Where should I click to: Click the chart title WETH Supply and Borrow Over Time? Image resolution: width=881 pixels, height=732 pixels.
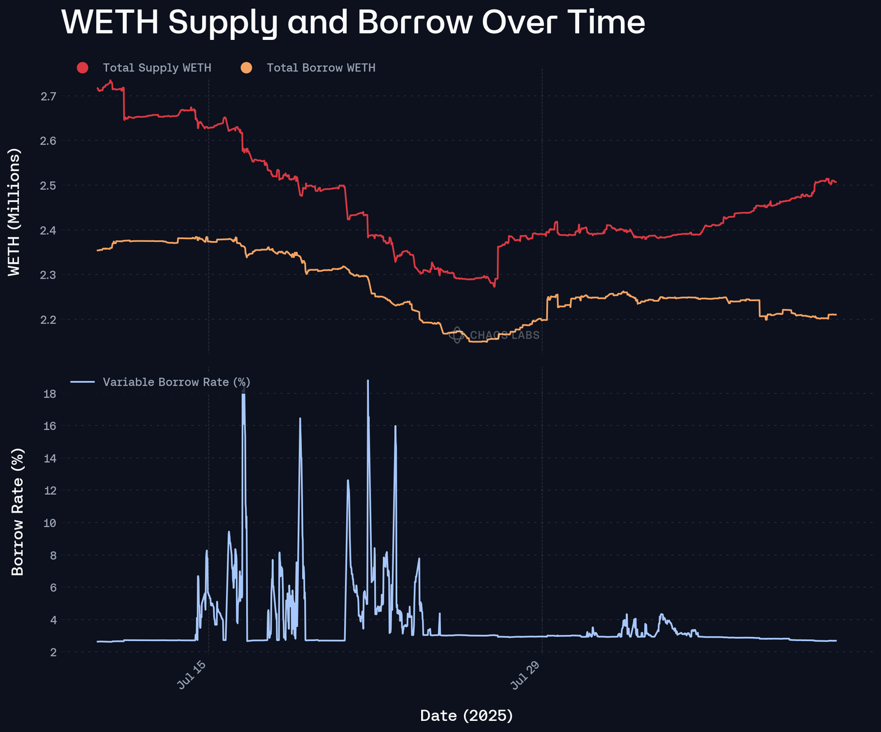353,22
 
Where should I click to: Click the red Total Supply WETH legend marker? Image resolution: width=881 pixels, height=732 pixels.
82,68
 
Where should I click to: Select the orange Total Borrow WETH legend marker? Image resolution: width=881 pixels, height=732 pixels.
247,68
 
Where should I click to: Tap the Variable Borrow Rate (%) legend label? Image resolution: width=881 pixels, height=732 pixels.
176,382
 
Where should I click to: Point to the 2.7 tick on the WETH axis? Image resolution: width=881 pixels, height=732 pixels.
48,96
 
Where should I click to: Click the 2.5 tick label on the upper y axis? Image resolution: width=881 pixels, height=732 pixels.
48,185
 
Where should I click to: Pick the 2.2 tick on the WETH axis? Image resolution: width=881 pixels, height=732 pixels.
48,320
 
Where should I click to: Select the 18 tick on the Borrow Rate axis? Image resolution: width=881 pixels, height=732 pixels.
50,394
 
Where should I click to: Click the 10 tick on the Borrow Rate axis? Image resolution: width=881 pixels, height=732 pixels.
50,523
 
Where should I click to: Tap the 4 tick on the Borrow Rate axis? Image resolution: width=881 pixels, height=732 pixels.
52,620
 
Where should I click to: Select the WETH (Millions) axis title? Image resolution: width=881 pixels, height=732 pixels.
15,211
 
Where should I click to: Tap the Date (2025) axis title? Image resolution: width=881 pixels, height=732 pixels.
467,716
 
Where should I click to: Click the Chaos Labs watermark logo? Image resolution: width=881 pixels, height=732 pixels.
458,335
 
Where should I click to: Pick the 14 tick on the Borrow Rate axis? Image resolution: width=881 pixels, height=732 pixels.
50,458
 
